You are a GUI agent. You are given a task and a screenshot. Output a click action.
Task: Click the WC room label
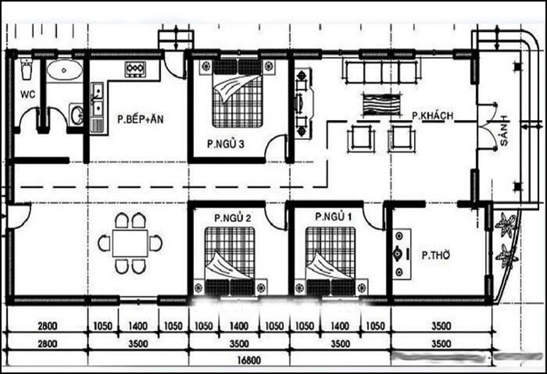pos(28,94)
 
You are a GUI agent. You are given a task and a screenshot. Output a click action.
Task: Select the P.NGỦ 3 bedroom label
pos(225,144)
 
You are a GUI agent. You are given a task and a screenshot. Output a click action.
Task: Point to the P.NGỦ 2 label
pos(232,217)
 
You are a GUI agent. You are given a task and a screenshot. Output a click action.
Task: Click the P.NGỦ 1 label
pos(333,217)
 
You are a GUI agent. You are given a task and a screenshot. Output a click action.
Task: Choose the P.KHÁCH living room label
pos(433,116)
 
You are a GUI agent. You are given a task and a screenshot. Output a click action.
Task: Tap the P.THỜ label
pos(435,255)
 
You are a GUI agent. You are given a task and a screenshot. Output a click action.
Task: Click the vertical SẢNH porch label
pos(503,132)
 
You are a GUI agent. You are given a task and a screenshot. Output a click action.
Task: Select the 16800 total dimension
pos(247,358)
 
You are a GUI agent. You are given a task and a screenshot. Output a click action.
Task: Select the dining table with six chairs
pos(131,243)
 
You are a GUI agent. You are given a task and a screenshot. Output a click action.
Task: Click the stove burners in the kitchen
pos(136,70)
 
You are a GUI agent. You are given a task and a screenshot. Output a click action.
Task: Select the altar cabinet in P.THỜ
pos(399,253)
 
